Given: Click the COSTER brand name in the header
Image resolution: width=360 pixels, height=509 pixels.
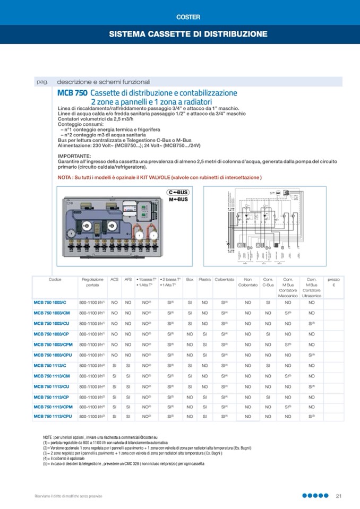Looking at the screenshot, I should (180, 17).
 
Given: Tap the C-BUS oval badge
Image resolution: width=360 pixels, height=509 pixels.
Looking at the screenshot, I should (178, 192).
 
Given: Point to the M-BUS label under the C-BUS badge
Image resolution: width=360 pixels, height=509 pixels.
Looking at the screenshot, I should (178, 200).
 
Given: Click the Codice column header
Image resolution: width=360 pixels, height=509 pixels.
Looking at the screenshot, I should (55, 279).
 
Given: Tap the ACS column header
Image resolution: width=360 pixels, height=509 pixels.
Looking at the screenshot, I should (114, 279).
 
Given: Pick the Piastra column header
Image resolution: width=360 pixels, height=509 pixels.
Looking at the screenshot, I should (204, 279).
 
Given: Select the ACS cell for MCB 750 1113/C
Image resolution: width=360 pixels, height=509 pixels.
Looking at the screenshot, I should (114, 365).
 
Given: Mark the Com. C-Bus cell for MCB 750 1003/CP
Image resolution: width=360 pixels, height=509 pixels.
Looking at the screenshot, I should (268, 334).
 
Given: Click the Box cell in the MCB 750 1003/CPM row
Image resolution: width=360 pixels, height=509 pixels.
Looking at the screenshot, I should (190, 344).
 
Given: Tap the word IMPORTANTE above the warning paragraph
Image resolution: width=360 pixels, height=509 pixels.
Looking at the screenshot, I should (74, 156).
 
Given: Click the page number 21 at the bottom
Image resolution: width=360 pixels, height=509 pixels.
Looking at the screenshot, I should (338, 496).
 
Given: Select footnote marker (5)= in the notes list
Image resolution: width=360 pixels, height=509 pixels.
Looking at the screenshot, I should (47, 463).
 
